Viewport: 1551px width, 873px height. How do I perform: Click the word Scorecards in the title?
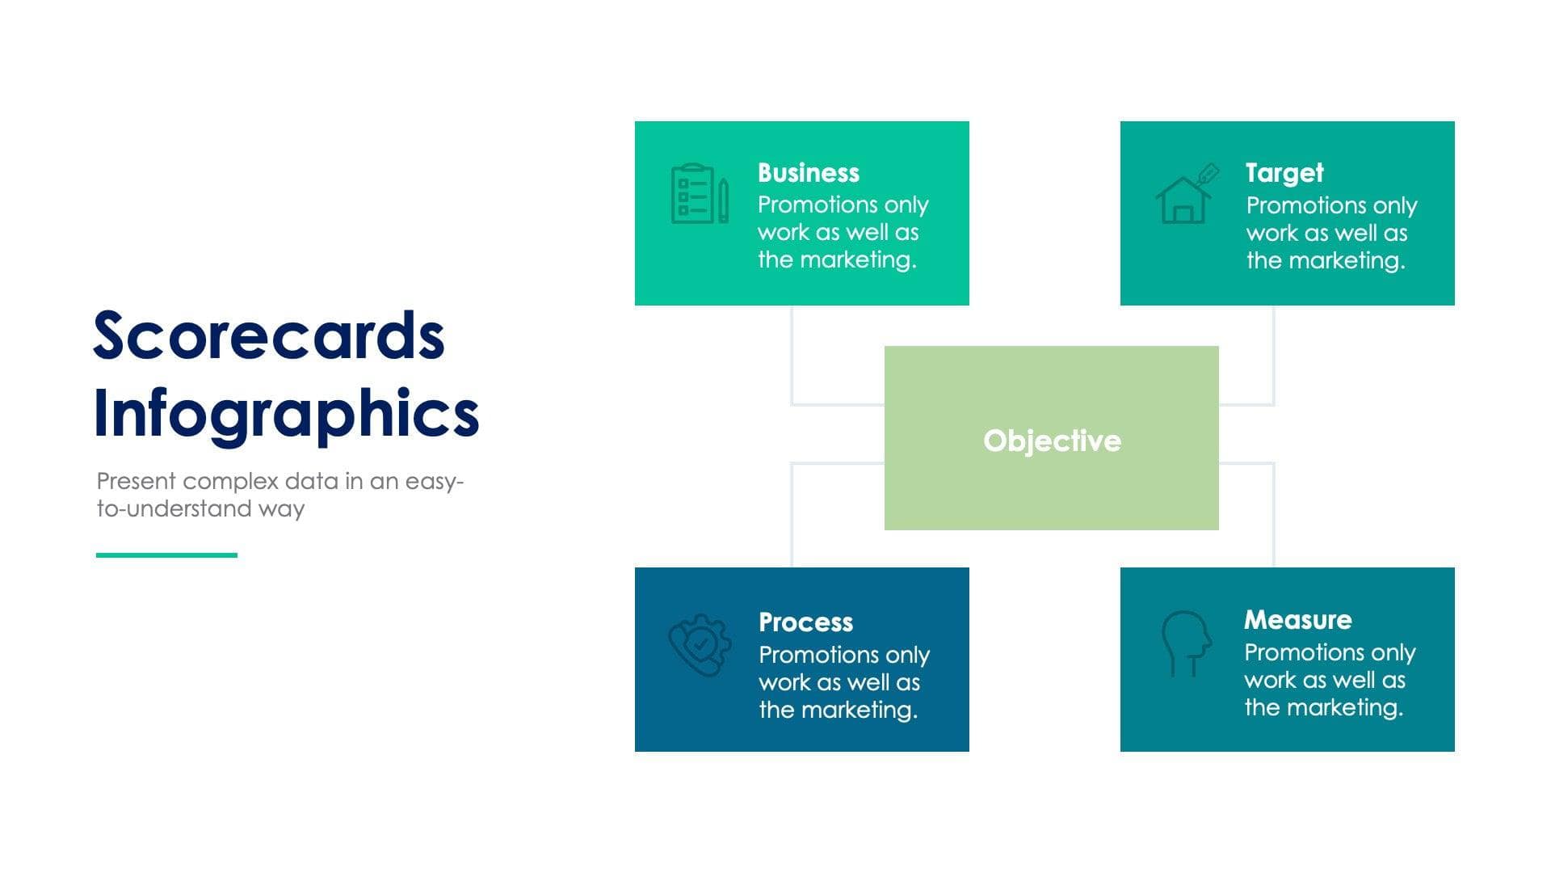pos(268,336)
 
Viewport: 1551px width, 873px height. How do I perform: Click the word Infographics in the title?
pos(286,414)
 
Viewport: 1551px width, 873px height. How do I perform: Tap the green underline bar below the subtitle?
pos(166,555)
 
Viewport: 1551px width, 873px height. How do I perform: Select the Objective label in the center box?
pos(1052,441)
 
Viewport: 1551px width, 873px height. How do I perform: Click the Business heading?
pos(808,173)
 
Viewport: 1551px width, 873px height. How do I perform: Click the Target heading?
pos(1284,173)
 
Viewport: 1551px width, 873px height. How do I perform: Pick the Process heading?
pos(805,622)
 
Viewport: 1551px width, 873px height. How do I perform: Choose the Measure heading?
pos(1297,620)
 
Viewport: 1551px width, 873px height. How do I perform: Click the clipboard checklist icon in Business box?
pos(699,194)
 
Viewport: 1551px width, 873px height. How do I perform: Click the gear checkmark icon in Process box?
pos(700,644)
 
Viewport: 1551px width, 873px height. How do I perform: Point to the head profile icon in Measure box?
pos(1186,642)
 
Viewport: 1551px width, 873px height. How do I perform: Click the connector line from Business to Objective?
pos(792,356)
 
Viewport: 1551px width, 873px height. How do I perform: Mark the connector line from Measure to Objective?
pos(1273,517)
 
